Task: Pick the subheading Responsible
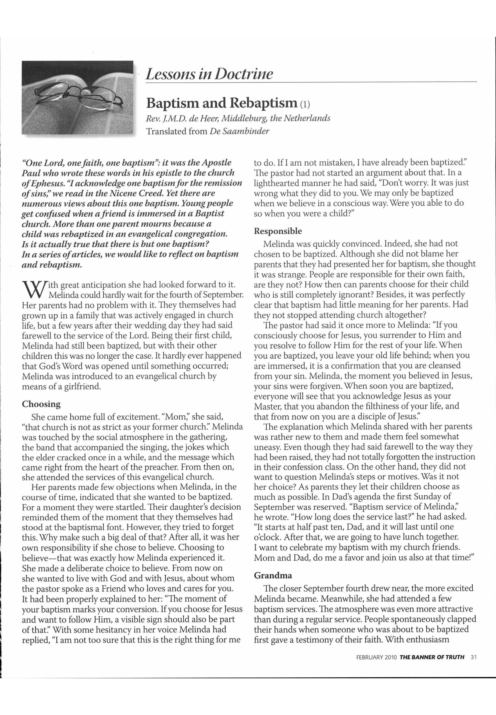[x=278, y=231]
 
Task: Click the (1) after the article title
[x=305, y=104]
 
